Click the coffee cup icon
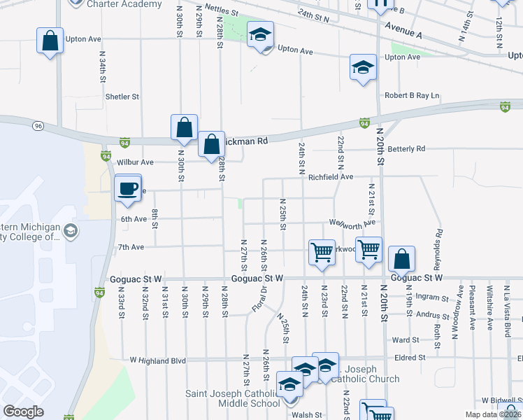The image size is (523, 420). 128,188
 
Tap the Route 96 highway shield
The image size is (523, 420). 38,126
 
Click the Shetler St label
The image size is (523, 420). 122,97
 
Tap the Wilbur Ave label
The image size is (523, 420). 135,162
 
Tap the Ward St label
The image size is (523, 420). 406,339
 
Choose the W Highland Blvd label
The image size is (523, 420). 158,360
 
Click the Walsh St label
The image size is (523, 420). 307,415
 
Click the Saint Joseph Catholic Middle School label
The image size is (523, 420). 233,398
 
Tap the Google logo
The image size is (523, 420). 23,412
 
